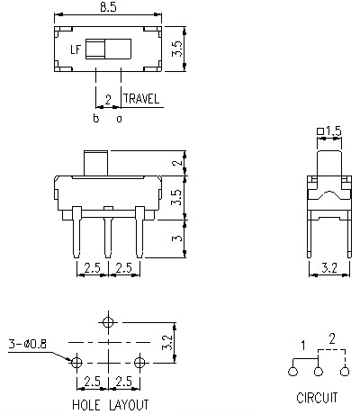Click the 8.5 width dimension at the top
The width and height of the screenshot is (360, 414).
[x=108, y=8]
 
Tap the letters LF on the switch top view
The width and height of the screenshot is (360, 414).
[x=76, y=51]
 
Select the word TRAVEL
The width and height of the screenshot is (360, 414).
[x=142, y=99]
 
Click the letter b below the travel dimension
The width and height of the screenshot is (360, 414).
[x=95, y=118]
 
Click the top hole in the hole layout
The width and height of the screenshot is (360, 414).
[x=109, y=321]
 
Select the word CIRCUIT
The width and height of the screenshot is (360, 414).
[x=317, y=396]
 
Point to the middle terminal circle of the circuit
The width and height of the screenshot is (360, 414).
[x=317, y=371]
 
